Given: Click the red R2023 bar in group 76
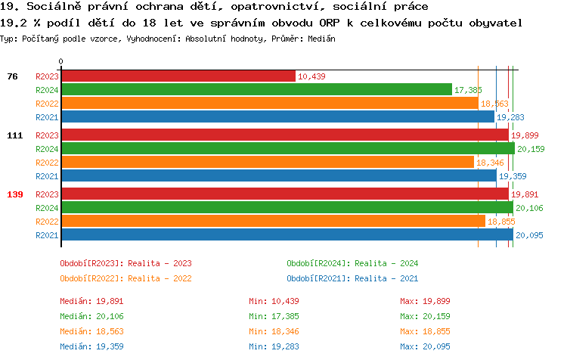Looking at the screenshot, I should tap(178, 76).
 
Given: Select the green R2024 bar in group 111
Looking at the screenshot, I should tap(287, 149).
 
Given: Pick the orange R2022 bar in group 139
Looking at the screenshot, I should tap(273, 222).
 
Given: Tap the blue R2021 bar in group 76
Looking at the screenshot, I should tap(277, 117).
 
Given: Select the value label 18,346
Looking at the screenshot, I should tap(490, 163).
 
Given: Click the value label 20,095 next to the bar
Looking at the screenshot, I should tap(529, 235).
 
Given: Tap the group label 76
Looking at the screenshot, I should tap(12, 76).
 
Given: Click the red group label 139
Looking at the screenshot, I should tap(15, 194).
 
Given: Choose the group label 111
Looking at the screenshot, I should tap(15, 135).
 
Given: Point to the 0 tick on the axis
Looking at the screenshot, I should tap(61, 61).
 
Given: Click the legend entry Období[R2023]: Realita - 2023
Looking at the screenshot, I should tap(125, 263).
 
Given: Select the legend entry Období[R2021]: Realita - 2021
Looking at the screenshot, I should tap(352, 278).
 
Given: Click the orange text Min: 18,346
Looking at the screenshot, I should tap(277, 331).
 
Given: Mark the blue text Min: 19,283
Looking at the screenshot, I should tap(277, 346).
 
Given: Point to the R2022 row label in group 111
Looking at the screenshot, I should tap(47, 163).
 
